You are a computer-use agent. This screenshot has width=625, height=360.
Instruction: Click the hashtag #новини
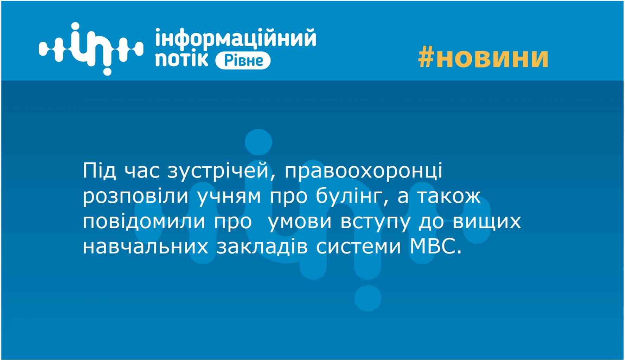point(483,58)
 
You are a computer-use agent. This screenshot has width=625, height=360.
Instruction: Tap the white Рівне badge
point(243,60)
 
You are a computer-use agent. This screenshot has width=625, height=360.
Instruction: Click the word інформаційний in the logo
point(236,38)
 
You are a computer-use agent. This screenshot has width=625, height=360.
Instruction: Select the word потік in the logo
point(182,59)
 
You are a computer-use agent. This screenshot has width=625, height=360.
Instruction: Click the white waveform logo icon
point(91,49)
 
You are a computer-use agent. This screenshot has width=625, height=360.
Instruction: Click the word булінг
point(353,197)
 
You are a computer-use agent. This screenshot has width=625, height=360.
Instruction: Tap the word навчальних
point(146,246)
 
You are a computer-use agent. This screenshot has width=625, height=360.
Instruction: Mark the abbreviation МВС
point(435,246)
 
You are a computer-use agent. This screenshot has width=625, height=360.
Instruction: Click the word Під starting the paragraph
point(100,171)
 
